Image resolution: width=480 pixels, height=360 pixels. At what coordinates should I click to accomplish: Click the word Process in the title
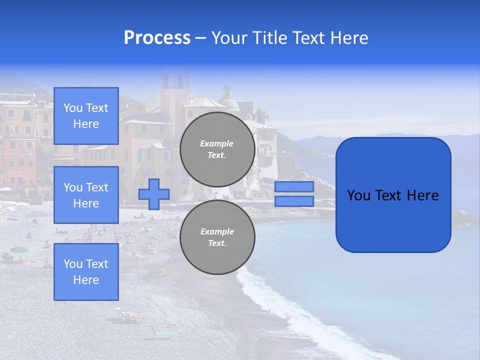coord(157,38)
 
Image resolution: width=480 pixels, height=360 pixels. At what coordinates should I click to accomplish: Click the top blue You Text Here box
coord(86,116)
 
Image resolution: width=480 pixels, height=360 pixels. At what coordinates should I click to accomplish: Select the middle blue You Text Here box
coord(86,195)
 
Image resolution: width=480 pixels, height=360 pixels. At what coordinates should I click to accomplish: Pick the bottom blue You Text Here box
coord(86,272)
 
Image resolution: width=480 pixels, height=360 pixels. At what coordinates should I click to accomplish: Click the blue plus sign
coord(154,194)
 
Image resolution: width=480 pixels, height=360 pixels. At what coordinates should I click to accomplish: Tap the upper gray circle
coord(217,149)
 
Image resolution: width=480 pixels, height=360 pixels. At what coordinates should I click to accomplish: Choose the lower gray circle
coord(217,237)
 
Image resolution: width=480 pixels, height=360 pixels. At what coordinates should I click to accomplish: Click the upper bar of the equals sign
coord(294,186)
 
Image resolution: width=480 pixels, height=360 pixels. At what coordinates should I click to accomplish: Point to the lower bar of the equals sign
coord(294,201)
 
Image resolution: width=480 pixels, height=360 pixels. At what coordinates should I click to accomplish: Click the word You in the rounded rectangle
coord(358,195)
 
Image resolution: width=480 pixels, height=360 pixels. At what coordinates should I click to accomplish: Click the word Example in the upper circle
coord(217,143)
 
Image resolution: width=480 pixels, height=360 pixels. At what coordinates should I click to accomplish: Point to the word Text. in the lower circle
coord(217,243)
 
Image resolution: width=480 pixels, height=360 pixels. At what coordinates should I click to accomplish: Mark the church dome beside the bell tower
coord(229,101)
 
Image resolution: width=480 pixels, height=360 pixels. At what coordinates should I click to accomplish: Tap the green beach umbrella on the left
coord(19,249)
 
